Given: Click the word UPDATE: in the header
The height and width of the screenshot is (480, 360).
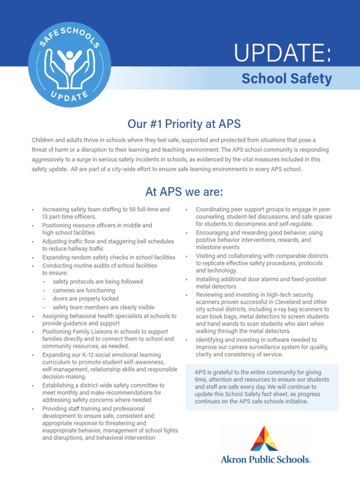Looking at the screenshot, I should point(283,54).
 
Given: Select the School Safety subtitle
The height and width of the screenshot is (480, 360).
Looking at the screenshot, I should point(286,79).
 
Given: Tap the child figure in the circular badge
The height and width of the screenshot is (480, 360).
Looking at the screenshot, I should point(70,60).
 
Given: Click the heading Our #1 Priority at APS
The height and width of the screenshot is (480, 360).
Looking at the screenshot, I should point(184,124).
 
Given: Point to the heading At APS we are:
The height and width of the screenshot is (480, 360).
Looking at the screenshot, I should point(184,192).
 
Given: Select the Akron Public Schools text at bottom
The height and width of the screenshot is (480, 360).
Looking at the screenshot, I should point(265,459).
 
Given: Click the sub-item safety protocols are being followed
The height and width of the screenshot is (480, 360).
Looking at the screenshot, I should point(97,282).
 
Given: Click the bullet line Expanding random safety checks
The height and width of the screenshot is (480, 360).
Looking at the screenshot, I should point(109,257).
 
